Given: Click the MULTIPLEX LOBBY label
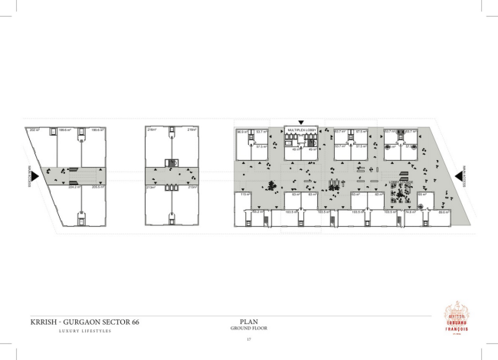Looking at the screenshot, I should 301,130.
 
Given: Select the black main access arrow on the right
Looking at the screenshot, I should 458,176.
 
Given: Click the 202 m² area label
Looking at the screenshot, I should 34,130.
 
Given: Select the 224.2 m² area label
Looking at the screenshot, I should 74,186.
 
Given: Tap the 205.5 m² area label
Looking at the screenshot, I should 97,186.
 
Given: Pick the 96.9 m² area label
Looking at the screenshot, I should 242,132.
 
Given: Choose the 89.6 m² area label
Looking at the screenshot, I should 443,212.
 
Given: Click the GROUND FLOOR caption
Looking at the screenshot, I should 248,328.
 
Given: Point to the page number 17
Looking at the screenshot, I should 248,339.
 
